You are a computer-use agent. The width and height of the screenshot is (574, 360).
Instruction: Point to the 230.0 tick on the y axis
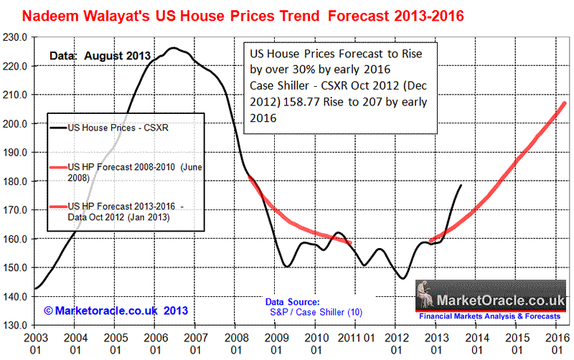17,37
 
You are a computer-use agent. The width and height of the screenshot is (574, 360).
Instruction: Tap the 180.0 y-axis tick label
17,181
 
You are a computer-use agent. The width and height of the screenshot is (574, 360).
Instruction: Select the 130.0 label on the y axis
17,325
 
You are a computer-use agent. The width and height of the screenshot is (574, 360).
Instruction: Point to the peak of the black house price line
173,48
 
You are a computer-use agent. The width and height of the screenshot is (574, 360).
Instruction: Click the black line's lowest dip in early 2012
403,278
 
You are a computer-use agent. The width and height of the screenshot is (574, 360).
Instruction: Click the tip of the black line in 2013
461,185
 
